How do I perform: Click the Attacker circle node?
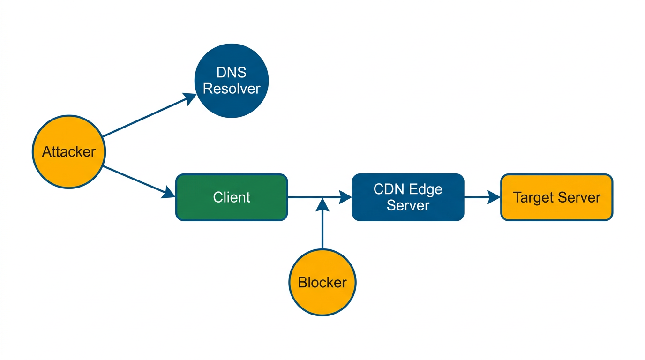pyautogui.click(x=69, y=152)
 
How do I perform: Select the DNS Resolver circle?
pyautogui.click(x=232, y=81)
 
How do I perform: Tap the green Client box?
pyautogui.click(x=232, y=197)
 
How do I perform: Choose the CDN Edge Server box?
pyautogui.click(x=408, y=197)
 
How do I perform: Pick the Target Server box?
pyautogui.click(x=556, y=197)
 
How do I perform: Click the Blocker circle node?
pyautogui.click(x=322, y=282)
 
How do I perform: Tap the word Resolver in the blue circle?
pyautogui.click(x=232, y=89)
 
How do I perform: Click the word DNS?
pyautogui.click(x=232, y=73)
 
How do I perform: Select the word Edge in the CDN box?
pyautogui.click(x=426, y=189)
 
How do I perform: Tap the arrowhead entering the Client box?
pyautogui.click(x=169, y=193)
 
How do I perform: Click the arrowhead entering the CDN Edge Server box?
pyautogui.click(x=345, y=197)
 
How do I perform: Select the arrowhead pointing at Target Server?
pyautogui.click(x=494, y=197)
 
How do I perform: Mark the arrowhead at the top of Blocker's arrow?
pyautogui.click(x=322, y=204)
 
